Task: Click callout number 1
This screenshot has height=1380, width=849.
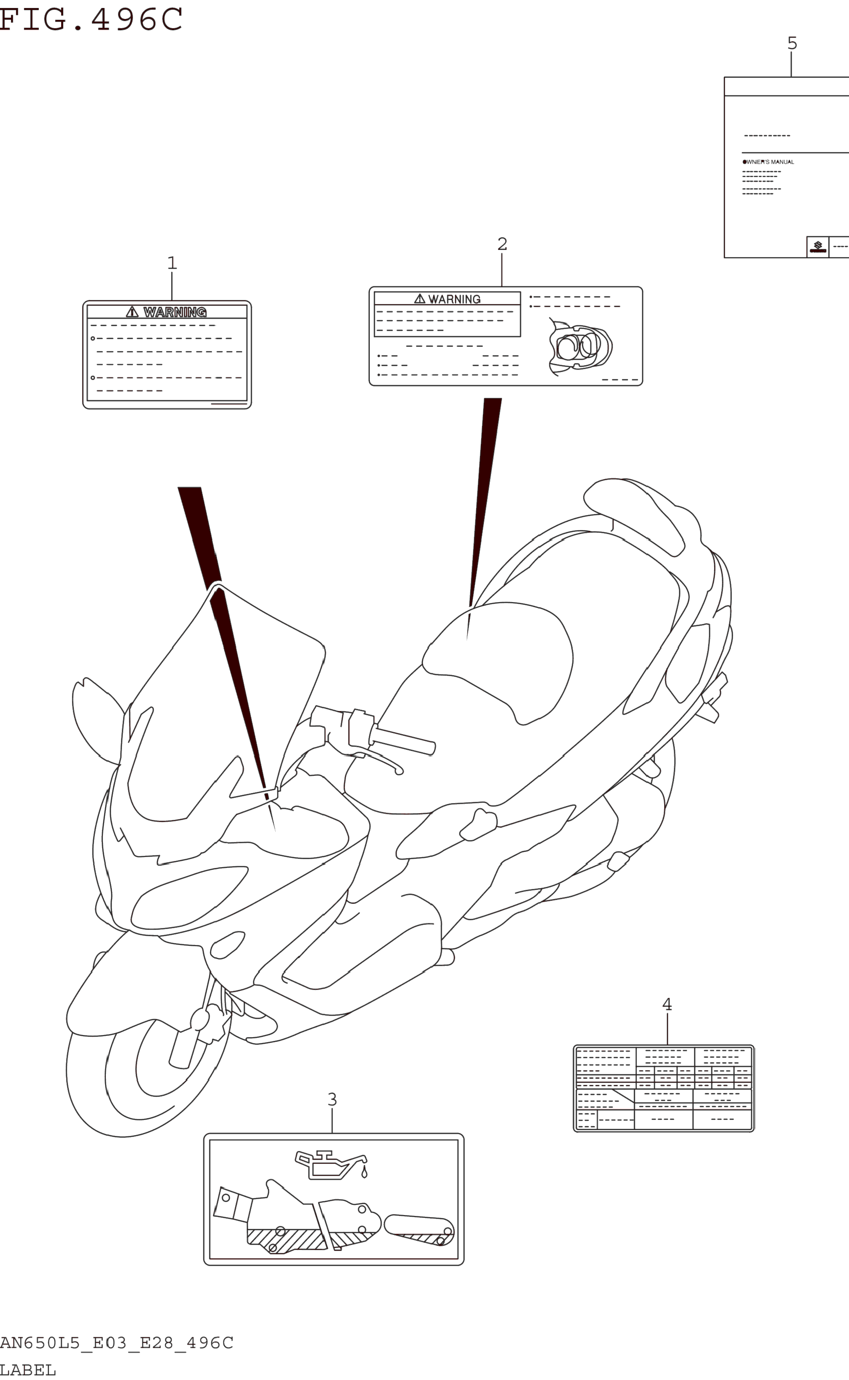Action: [172, 263]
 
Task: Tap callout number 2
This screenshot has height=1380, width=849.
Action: [502, 244]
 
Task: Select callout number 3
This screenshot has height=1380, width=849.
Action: [332, 1099]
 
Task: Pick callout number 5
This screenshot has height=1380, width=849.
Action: [792, 43]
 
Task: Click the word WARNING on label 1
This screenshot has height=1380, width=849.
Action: [174, 312]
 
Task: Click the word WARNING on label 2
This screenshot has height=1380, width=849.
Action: [454, 299]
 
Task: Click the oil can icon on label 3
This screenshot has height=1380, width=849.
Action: [331, 1165]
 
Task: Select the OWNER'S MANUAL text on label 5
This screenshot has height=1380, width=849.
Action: [769, 162]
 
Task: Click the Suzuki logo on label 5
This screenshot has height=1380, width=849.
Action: [818, 247]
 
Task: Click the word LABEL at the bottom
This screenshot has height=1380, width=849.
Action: [28, 1370]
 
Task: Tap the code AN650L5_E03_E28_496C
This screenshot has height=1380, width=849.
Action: [116, 1343]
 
